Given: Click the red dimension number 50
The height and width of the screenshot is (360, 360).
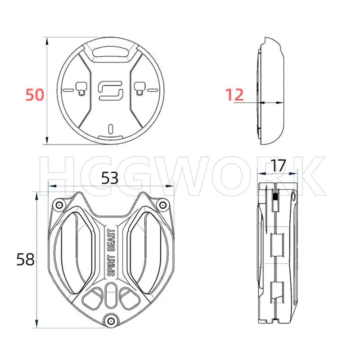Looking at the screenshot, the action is [x=35, y=94].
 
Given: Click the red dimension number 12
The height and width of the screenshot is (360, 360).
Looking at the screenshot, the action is [x=234, y=94].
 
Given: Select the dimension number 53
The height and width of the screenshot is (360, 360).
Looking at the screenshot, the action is [x=110, y=178].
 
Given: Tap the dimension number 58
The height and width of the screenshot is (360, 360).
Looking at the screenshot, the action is [x=25, y=260].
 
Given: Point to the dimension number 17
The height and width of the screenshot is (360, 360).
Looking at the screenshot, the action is [x=278, y=166].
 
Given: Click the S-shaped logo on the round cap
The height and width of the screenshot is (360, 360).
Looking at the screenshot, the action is [x=111, y=90].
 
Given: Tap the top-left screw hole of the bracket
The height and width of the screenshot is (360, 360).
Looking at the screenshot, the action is [x=59, y=205].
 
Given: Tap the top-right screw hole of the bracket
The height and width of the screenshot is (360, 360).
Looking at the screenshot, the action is [x=163, y=205].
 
